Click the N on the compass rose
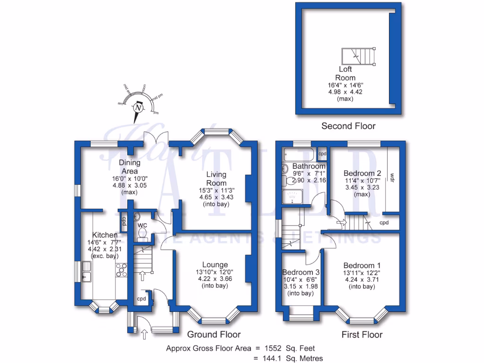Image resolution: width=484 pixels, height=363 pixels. coord(138,108)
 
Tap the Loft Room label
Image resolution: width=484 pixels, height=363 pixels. coord(345,74)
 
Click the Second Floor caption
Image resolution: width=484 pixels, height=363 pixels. coord(348,126)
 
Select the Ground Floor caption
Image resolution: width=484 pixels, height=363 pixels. coord(214,335)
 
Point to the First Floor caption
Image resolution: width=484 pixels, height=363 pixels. coord(362,335)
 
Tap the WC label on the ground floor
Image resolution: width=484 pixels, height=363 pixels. coord(143,225)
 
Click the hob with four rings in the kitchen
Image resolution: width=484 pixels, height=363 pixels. coord(122,270)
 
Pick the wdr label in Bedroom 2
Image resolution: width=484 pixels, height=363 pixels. coord(392,178)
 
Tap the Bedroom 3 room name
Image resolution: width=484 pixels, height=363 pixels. coord(301,272)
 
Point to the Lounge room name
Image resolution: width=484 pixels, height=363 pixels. coord(215,265)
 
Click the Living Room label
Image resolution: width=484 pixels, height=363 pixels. coord(216,179)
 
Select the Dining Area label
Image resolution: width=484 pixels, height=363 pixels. coord(130,166)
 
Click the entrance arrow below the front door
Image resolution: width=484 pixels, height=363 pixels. coord(144,334)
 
